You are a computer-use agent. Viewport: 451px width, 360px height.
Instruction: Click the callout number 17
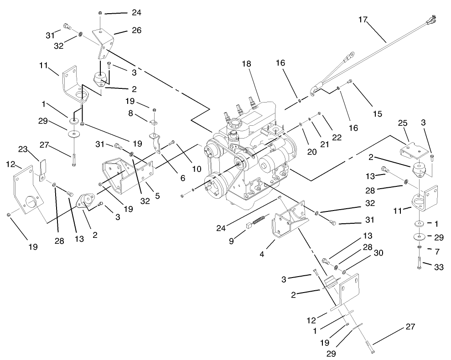[363, 20]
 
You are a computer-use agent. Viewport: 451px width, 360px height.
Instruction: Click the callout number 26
[124, 31]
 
